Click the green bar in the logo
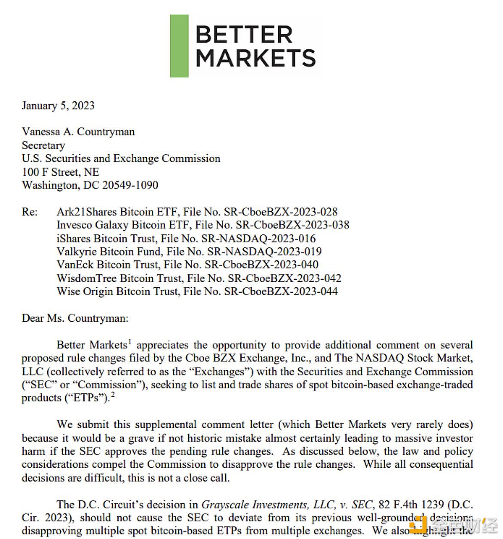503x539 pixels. click(x=179, y=46)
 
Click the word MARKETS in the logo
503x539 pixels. click(x=256, y=58)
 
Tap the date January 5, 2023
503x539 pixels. click(x=58, y=106)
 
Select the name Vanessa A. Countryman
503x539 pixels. click(x=78, y=132)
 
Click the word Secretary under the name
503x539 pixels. click(x=43, y=145)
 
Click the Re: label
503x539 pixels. click(x=30, y=212)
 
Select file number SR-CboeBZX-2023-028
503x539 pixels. click(x=280, y=212)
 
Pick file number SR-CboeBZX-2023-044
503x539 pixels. click(x=280, y=292)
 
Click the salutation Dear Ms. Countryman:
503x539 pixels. click(x=75, y=318)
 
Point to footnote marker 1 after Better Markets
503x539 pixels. click(x=129, y=342)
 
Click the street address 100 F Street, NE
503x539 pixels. click(x=61, y=172)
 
